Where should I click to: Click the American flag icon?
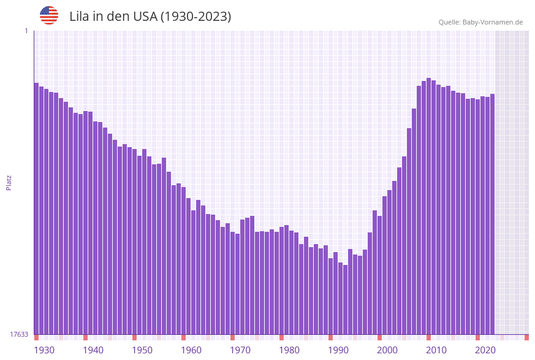pos(49,15)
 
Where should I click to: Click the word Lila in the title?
pos(80,17)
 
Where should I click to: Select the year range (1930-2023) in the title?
pos(195,17)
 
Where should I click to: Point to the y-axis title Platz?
pos(9,182)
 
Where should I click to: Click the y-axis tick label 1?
pos(26,31)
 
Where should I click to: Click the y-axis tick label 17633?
pos(19,334)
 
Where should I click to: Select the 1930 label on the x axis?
pos(44,350)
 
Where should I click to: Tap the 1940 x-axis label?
pos(93,350)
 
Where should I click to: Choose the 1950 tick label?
pos(142,350)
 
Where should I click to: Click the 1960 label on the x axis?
pos(191,350)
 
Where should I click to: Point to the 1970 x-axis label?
pos(240,350)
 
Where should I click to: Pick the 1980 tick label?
pos(289,350)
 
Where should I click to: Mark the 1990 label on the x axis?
pos(338,350)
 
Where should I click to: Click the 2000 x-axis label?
pos(387,350)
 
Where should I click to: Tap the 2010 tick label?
pos(436,350)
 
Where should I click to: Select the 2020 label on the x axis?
pos(485,350)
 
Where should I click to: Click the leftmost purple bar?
pos(36,209)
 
